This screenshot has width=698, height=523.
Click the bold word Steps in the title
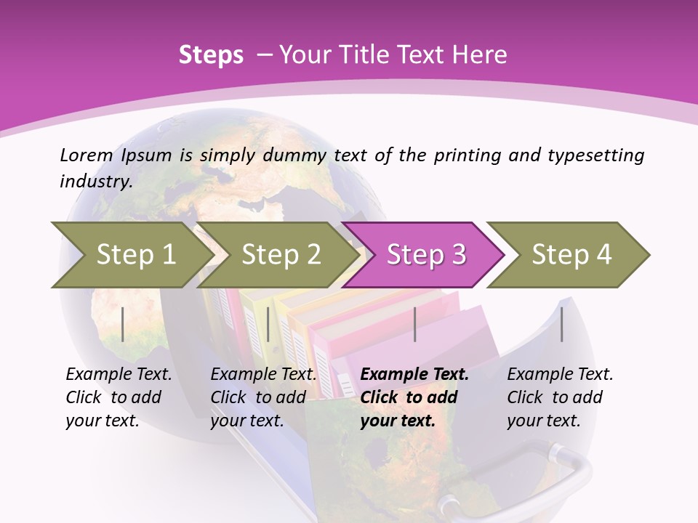pyautogui.click(x=211, y=54)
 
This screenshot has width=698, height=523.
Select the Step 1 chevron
pyautogui.click(x=131, y=254)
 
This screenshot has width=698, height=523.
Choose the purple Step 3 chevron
pyautogui.click(x=425, y=254)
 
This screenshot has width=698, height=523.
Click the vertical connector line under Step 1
pyautogui.click(x=123, y=324)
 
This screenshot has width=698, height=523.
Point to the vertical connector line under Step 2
pyautogui.click(x=268, y=324)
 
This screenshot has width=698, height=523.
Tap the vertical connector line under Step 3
pyautogui.click(x=414, y=324)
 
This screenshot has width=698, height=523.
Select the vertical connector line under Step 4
pyautogui.click(x=561, y=324)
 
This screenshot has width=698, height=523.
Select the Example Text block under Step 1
pyautogui.click(x=119, y=397)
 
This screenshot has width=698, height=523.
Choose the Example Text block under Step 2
pyautogui.click(x=263, y=397)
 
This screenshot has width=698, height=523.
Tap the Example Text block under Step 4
pyautogui.click(x=560, y=397)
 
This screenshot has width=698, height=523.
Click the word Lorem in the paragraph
pyautogui.click(x=87, y=155)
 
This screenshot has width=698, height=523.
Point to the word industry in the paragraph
pyautogui.click(x=95, y=181)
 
